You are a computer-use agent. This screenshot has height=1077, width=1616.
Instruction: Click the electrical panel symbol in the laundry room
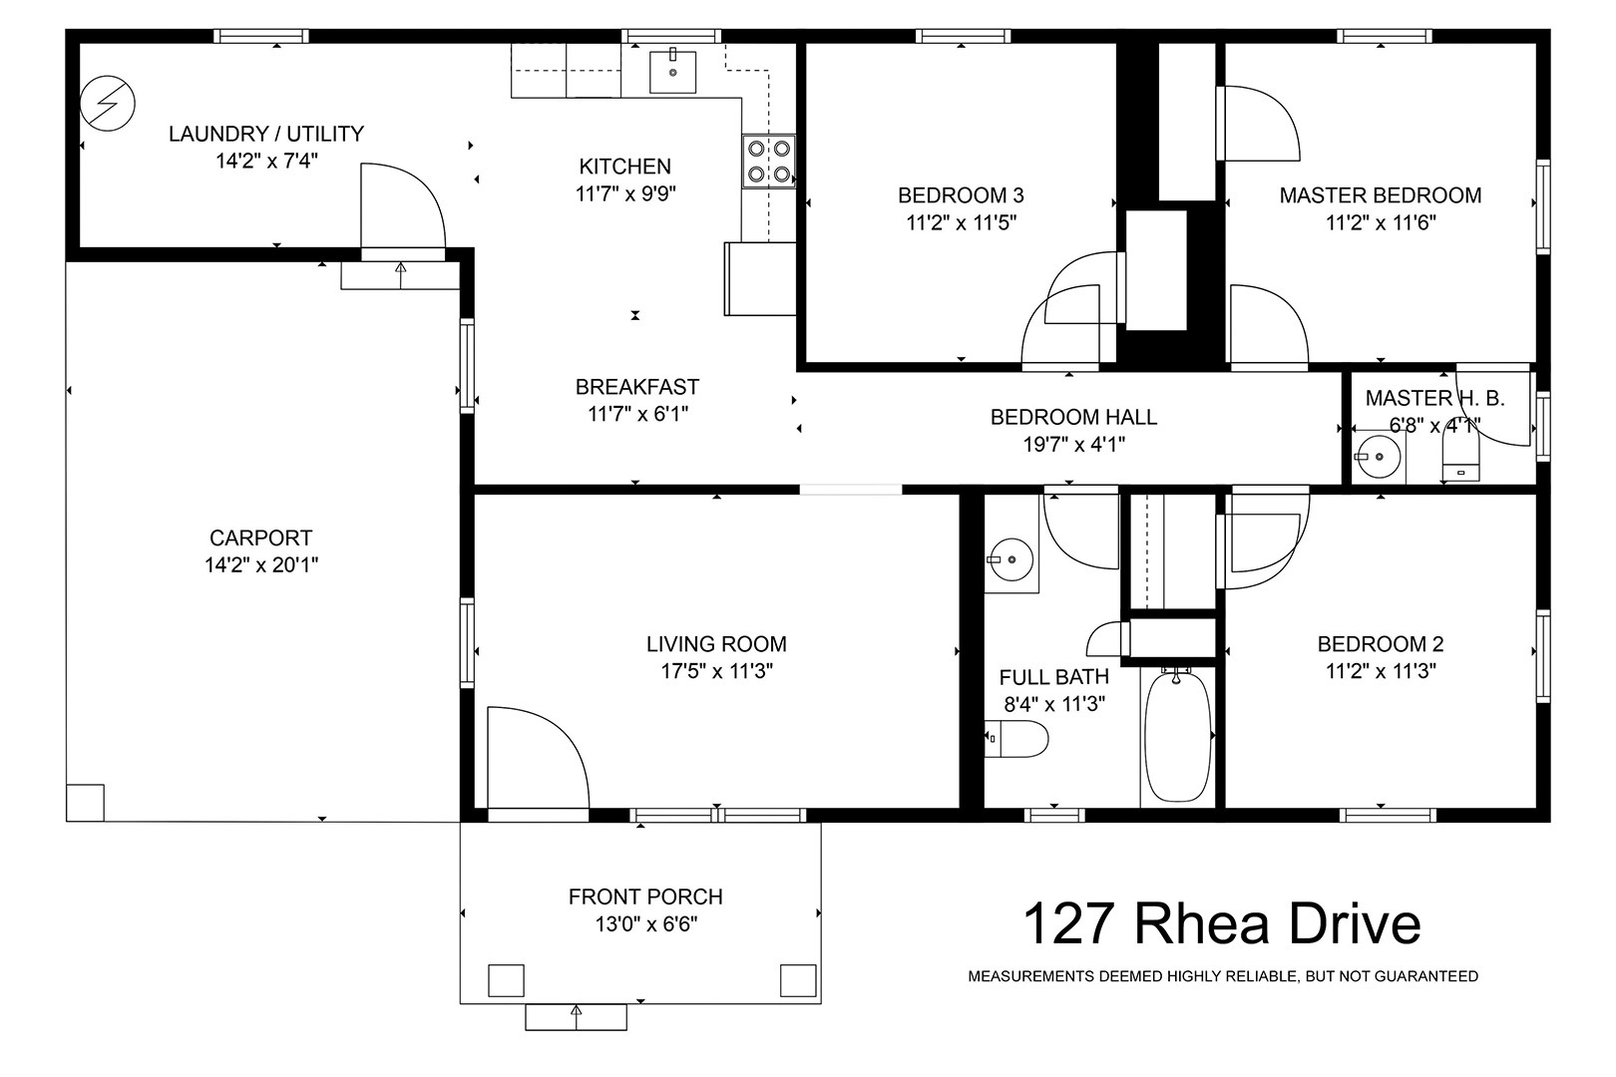click(108, 103)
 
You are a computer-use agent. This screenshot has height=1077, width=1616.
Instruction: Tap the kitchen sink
click(672, 72)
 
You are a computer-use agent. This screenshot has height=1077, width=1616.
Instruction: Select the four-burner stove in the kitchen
click(769, 162)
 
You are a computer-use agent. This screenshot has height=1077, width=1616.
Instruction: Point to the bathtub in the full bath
click(1177, 735)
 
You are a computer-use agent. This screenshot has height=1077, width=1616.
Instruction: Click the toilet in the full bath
click(1015, 739)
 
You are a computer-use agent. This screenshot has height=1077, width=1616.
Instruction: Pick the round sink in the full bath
click(1011, 559)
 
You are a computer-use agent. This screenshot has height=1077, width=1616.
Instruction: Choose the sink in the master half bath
click(1378, 456)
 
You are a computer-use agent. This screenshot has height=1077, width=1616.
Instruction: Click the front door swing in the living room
click(538, 758)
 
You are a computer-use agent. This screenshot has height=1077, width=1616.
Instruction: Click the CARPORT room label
click(261, 538)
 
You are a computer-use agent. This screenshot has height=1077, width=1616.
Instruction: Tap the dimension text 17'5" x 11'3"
click(717, 671)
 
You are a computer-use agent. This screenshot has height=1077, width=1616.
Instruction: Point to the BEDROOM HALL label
click(1073, 417)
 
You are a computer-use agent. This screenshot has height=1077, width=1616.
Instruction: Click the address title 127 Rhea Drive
click(1222, 924)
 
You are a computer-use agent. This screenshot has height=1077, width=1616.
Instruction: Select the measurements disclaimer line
click(1223, 976)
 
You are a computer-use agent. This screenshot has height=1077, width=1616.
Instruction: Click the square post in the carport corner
click(85, 802)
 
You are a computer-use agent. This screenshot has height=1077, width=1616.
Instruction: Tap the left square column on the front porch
click(506, 980)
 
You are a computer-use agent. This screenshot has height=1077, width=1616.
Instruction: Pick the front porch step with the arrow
click(576, 1017)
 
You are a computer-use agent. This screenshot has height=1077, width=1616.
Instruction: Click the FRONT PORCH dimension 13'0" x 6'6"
click(646, 924)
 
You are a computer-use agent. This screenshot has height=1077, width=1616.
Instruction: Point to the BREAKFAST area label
click(637, 387)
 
